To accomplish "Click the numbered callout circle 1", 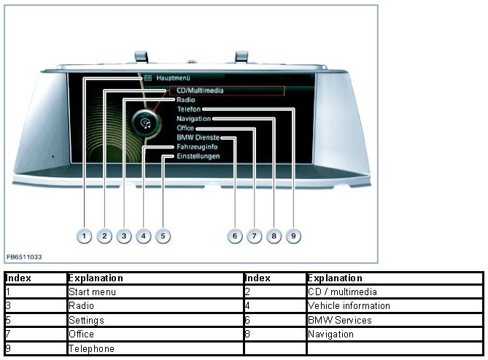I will (x=85, y=236).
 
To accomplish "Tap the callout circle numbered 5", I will (x=163, y=236).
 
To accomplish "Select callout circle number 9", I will (x=292, y=236).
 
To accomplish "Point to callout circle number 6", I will (x=233, y=236).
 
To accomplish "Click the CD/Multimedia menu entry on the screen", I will (x=199, y=90).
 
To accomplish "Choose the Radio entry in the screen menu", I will (x=185, y=100).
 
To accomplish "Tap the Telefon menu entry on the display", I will (x=188, y=109).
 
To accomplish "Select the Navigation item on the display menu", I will (x=193, y=118).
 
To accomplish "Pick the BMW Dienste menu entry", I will (x=198, y=137).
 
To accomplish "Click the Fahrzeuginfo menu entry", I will (x=197, y=146).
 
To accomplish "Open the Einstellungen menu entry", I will (x=198, y=156).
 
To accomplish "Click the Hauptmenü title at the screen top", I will (x=172, y=77).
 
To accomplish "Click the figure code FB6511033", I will (x=25, y=257).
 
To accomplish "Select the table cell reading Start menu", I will (x=92, y=292).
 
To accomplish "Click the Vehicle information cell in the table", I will (x=349, y=306).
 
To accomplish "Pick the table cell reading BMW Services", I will (x=340, y=320).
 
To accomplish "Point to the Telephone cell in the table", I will (x=91, y=348).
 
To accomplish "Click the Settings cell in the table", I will (x=86, y=320).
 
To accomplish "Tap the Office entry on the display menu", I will (x=185, y=128).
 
